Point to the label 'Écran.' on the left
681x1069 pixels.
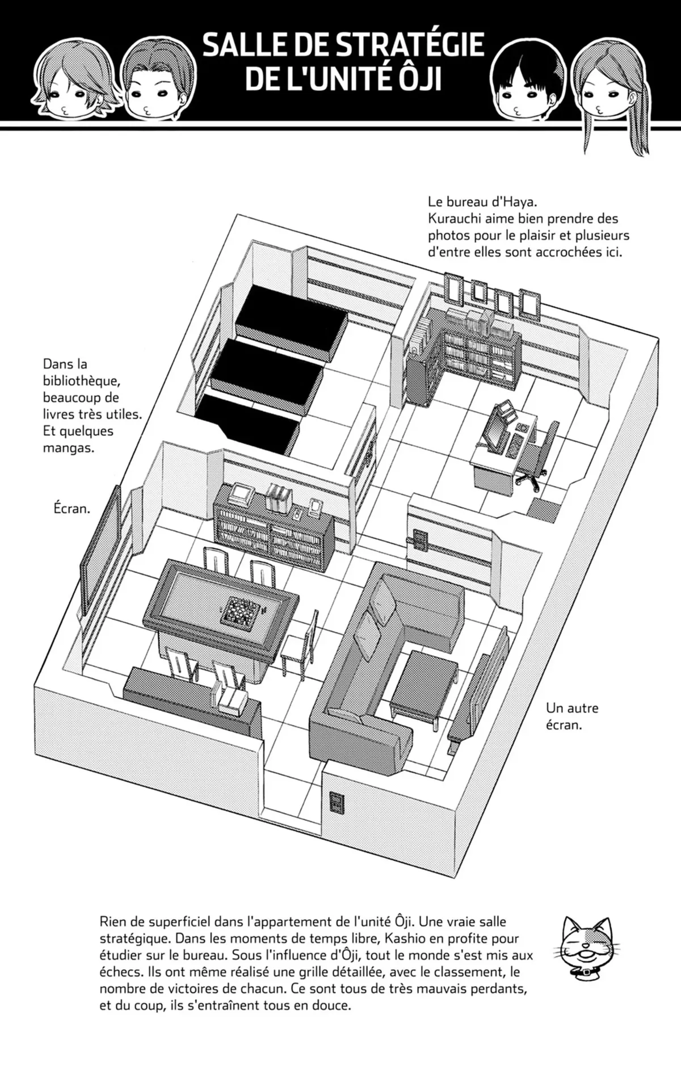click(69, 509)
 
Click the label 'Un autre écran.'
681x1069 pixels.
click(572, 716)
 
